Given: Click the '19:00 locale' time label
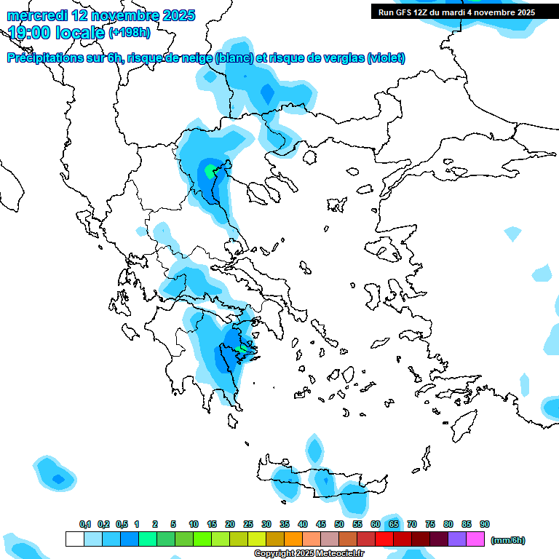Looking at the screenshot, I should [x=57, y=33].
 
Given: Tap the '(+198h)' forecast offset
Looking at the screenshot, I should [x=130, y=33].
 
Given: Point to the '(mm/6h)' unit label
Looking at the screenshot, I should [x=507, y=540].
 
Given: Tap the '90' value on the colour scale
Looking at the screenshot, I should [x=485, y=524].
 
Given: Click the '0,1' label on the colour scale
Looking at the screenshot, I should [x=84, y=524].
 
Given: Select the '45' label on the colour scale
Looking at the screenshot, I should [x=321, y=524].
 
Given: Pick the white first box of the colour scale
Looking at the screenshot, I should [x=75, y=539].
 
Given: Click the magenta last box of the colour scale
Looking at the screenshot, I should [x=475, y=539].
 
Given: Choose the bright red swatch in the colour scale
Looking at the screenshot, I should [x=384, y=539].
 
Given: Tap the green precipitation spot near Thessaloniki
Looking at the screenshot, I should [x=210, y=172].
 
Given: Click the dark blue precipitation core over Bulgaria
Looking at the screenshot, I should [x=266, y=92].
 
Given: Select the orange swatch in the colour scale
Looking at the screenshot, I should [x=293, y=539].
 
